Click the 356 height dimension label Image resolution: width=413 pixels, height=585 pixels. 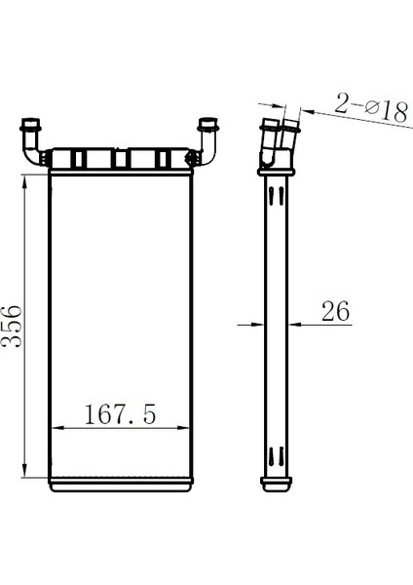click(12, 327)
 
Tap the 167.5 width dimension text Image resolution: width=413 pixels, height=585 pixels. click(120, 414)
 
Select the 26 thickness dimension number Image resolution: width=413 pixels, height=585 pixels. click(335, 311)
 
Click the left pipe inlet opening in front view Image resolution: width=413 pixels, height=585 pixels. click(31, 122)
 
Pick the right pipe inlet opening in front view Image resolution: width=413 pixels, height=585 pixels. click(208, 122)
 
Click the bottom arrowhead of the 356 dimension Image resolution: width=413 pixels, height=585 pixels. click(24, 470)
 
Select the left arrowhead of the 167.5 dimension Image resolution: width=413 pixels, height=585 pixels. click(57, 428)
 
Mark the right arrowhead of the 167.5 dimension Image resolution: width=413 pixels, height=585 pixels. click(183, 428)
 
